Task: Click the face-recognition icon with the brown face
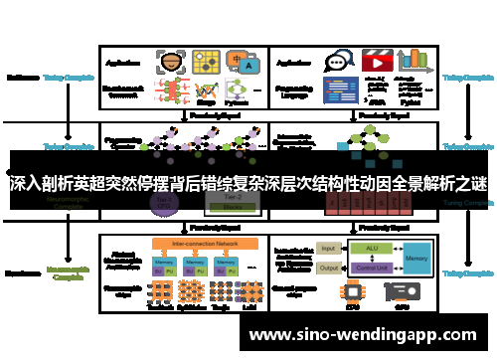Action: tap(172, 61)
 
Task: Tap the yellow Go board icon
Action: tap(207, 62)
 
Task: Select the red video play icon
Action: tap(376, 61)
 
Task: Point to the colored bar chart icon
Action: tap(414, 60)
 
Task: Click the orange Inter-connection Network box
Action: tap(205, 242)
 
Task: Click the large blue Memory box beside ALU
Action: tap(416, 258)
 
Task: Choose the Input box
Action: tap(330, 249)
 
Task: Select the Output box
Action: tap(330, 268)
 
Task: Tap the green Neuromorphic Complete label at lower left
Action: tap(69, 271)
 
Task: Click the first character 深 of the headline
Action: tap(17, 185)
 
